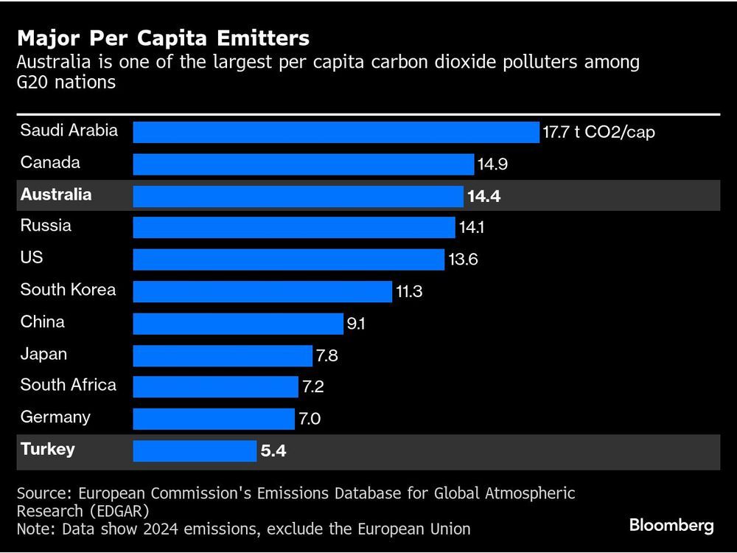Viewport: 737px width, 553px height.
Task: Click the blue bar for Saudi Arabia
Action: coord(336,133)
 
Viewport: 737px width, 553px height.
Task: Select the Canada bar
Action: coord(303,164)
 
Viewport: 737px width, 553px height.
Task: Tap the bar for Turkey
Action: coord(195,451)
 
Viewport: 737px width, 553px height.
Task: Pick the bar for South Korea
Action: coord(262,291)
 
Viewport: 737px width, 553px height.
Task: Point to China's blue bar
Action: coord(238,323)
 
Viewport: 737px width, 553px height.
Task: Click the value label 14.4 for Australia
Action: coord(485,196)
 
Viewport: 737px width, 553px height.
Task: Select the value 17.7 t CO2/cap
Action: coord(598,133)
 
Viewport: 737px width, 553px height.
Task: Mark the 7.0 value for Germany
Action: coord(310,420)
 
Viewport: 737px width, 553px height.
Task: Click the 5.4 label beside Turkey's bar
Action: coord(273,451)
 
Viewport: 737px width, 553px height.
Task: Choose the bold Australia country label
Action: coord(56,195)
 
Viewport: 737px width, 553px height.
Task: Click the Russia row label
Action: coord(46,226)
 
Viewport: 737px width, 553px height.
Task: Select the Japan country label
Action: coord(43,354)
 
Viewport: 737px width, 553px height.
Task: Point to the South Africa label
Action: coord(68,385)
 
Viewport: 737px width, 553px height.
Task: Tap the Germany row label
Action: coord(55,417)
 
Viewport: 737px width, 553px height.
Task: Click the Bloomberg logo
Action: coord(671,525)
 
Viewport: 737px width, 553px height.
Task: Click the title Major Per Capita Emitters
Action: coord(163,38)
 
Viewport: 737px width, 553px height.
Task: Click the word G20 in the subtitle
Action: coord(33,82)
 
